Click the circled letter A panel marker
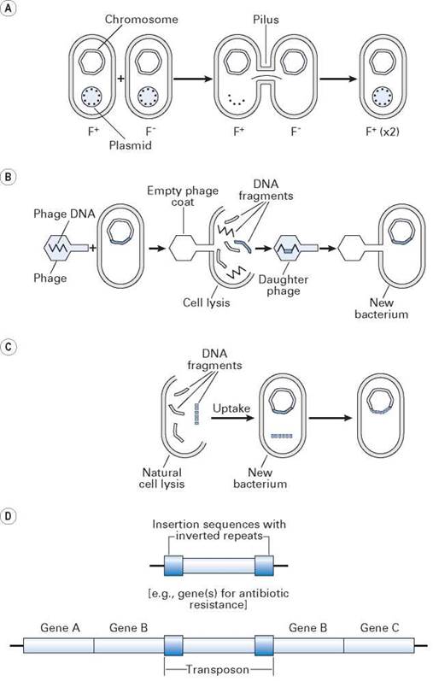[9, 9]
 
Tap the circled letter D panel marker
[9, 517]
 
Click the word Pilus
[266, 20]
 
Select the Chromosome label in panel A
[141, 20]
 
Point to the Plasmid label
[131, 144]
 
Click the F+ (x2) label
[383, 132]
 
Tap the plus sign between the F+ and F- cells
[121, 79]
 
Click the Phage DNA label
[64, 214]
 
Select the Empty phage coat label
[183, 197]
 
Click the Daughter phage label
[284, 285]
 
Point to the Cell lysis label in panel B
[207, 302]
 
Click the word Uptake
[231, 408]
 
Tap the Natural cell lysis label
[161, 478]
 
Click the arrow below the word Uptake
[232, 418]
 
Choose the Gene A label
[61, 627]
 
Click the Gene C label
[379, 627]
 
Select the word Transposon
[218, 669]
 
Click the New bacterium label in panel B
[381, 308]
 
